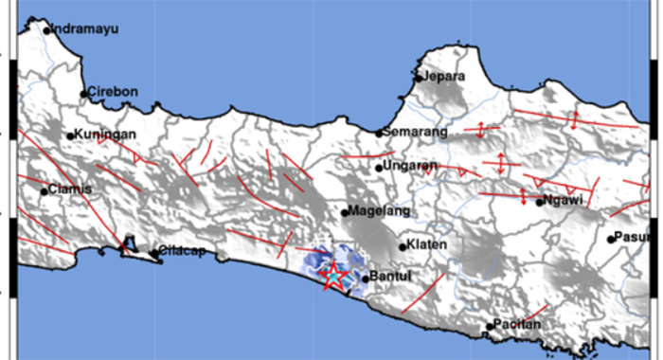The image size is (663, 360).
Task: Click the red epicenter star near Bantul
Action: (x=333, y=276)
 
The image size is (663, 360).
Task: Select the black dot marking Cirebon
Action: (x=83, y=94)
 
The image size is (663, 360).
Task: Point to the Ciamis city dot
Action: (x=44, y=191)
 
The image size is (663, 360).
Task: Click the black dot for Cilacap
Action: (x=154, y=253)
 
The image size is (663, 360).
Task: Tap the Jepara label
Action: (x=444, y=76)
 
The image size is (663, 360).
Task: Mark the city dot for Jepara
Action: (x=418, y=78)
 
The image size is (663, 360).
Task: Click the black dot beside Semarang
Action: (x=379, y=134)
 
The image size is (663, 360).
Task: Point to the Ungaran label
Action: (x=411, y=167)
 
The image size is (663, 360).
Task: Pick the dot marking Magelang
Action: (x=346, y=211)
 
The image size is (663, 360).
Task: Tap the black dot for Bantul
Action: (x=366, y=279)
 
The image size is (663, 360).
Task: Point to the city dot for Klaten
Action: (x=403, y=247)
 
